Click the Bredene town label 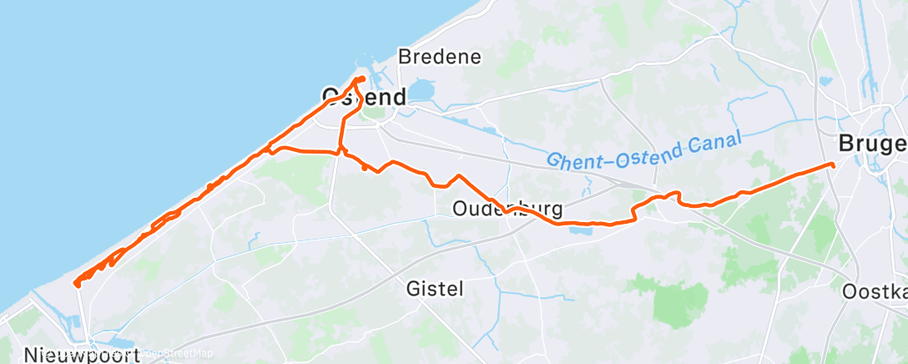tap(440, 58)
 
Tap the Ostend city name tap(364, 97)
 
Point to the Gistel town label tap(435, 289)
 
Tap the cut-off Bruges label tap(873, 144)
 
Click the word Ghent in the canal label tap(574, 157)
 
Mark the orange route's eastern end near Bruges tap(833, 164)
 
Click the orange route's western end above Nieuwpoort tap(77, 284)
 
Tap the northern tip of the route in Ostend tap(360, 78)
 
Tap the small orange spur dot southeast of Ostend tap(365, 168)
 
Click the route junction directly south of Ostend tap(340, 152)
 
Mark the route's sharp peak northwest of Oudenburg tap(457, 176)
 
